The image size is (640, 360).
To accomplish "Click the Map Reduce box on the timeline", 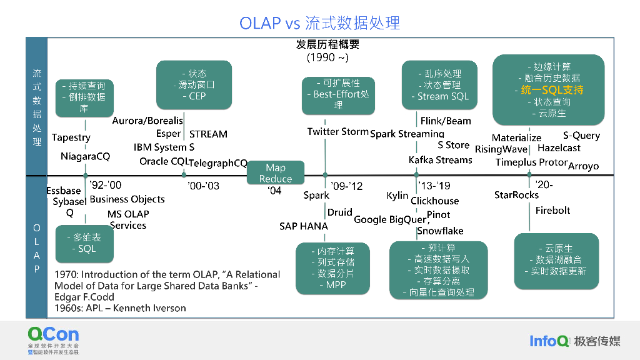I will [276, 173].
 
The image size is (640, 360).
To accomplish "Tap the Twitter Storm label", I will [337, 131].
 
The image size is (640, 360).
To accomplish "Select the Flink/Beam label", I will [446, 121].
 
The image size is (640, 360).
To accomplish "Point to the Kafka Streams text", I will [440, 160].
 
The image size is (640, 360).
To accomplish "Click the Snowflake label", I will [440, 231].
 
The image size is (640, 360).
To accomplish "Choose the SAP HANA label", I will [303, 226].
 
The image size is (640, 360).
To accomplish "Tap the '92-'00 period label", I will [106, 185].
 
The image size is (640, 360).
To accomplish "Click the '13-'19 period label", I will [434, 186].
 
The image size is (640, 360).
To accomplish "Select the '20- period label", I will [544, 185].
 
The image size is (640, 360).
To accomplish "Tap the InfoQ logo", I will [549, 341].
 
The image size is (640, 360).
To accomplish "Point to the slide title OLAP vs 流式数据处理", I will [319, 23].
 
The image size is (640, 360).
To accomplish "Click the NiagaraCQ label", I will [85, 156].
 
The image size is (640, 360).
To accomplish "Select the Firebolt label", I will [552, 211].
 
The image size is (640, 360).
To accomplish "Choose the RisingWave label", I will [501, 149].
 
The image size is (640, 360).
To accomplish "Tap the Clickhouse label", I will [434, 201].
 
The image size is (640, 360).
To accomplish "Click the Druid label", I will [339, 212].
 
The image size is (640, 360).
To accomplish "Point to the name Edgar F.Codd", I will [84, 297].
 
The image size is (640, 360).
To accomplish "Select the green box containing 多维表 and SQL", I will [86, 243].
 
